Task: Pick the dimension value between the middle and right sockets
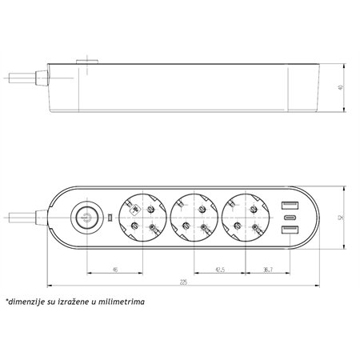217,270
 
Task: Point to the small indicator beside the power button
109,217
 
